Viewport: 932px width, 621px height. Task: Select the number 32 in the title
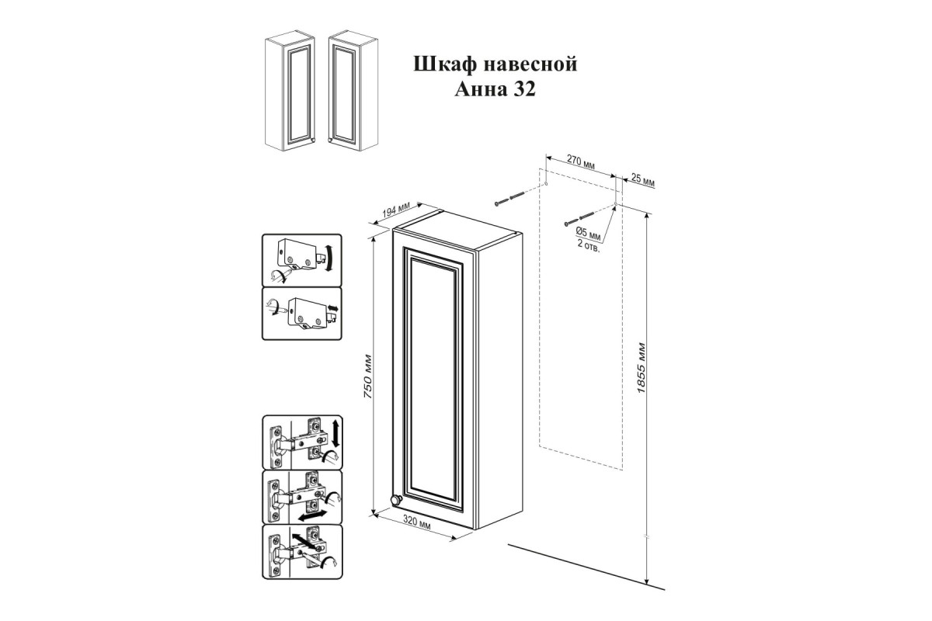(525, 89)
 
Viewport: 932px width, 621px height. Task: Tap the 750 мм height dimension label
(367, 376)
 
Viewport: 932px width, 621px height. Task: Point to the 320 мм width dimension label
(417, 522)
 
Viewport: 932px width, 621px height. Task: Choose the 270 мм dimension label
(581, 161)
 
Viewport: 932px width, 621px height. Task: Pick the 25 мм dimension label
(643, 180)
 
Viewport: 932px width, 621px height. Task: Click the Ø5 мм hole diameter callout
(589, 234)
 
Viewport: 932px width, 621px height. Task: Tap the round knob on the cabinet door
(395, 500)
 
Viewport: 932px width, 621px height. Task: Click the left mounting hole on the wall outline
(546, 184)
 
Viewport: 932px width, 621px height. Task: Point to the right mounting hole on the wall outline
(615, 204)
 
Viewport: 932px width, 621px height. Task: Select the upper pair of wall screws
(509, 199)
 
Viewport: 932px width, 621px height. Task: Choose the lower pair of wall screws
(579, 219)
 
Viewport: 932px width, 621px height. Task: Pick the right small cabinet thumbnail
(353, 91)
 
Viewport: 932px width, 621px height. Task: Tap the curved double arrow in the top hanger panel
(330, 258)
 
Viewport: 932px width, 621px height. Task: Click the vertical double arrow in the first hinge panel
(336, 433)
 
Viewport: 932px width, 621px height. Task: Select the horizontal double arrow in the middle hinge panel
(311, 516)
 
